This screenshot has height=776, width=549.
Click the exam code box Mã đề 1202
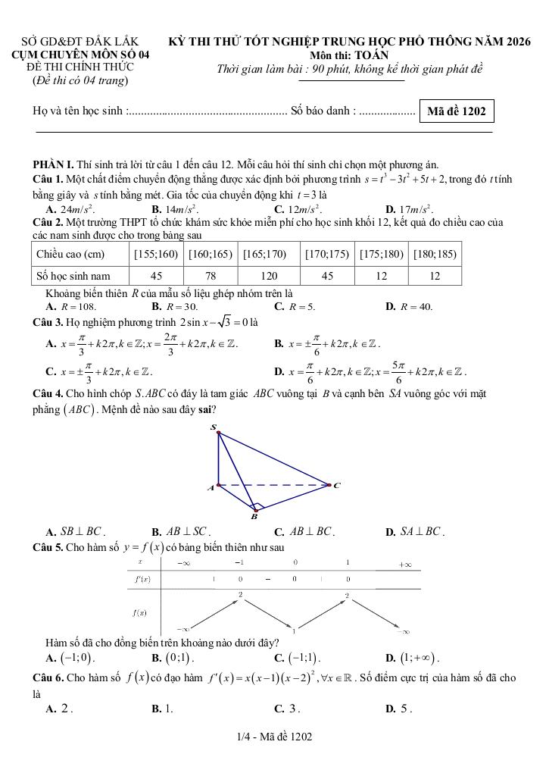pyautogui.click(x=457, y=112)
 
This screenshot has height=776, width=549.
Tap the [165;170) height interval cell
pyautogui.click(x=264, y=254)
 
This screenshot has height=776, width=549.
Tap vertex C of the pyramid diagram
pyautogui.click(x=330, y=484)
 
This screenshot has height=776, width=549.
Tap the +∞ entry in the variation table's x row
pyautogui.click(x=404, y=564)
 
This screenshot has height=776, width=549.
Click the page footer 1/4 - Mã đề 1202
pyautogui.click(x=273, y=737)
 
